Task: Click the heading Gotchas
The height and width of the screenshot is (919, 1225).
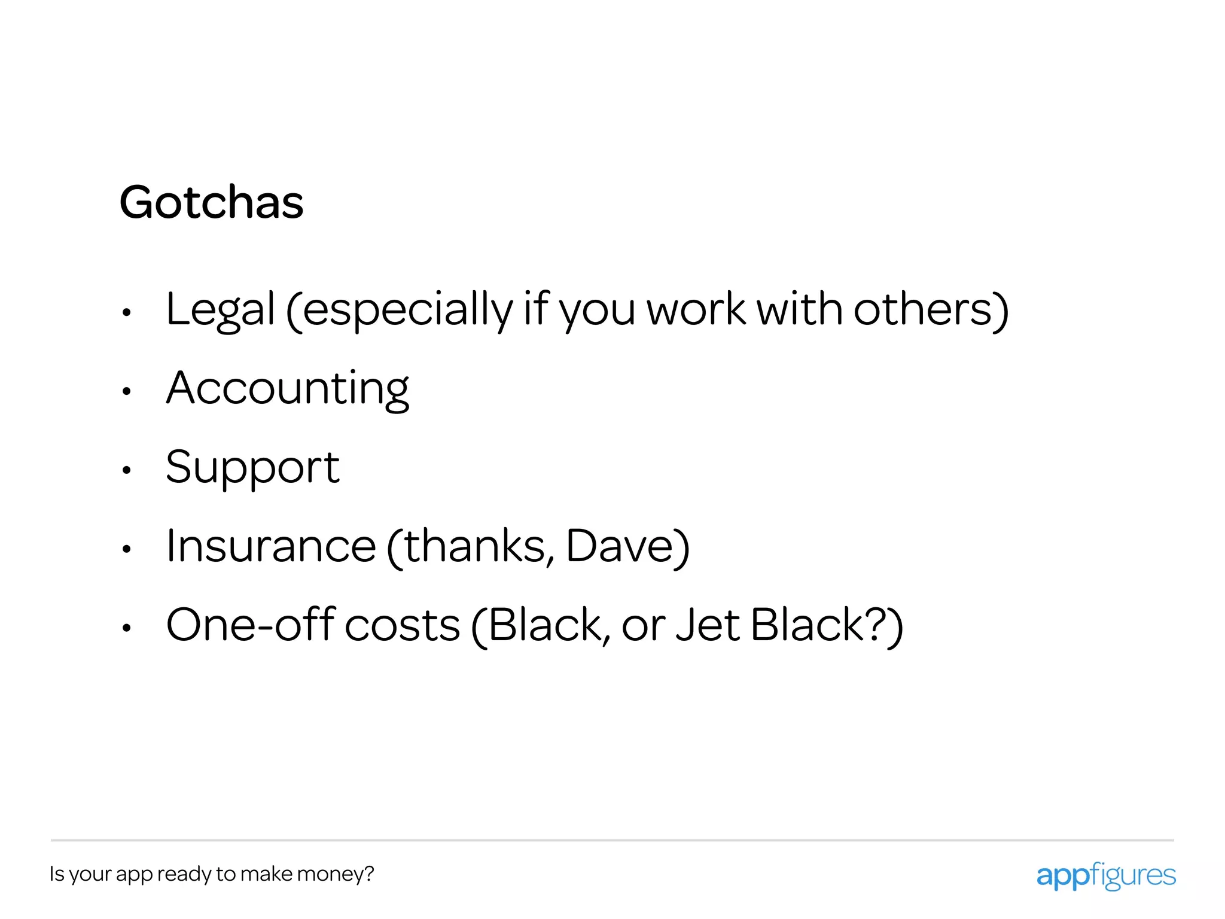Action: tap(212, 202)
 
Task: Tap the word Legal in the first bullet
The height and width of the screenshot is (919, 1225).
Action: tap(220, 310)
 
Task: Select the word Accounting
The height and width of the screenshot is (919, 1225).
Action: tap(288, 389)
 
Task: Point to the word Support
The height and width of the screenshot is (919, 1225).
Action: tap(252, 468)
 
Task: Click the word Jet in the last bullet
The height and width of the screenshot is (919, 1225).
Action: tap(708, 625)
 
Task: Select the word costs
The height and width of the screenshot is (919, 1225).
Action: tap(403, 626)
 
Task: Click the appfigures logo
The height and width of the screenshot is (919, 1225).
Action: tap(1106, 876)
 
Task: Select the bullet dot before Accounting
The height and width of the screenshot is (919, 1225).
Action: tap(126, 392)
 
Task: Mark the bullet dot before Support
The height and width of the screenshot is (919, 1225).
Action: tap(126, 470)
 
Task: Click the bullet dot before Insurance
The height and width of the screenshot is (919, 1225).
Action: tap(126, 549)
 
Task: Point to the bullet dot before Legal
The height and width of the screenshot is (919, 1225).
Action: tap(126, 312)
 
